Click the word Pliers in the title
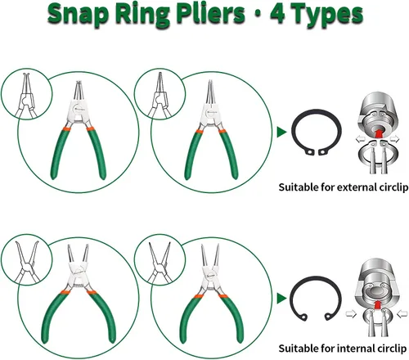[210, 15]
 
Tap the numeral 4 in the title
[278, 13]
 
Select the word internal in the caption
[356, 349]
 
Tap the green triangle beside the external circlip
[281, 132]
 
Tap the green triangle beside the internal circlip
[281, 299]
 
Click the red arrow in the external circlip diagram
[378, 133]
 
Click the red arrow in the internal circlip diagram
[377, 304]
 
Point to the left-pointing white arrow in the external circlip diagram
[360, 139]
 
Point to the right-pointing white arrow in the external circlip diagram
[395, 139]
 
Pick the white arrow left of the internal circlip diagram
[351, 314]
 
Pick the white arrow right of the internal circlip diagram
[402, 314]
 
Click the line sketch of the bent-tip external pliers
[26, 96]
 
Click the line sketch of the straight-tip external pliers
[160, 95]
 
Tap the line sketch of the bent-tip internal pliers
[27, 262]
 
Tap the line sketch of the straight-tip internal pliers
[160, 263]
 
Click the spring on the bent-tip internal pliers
[79, 286]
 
